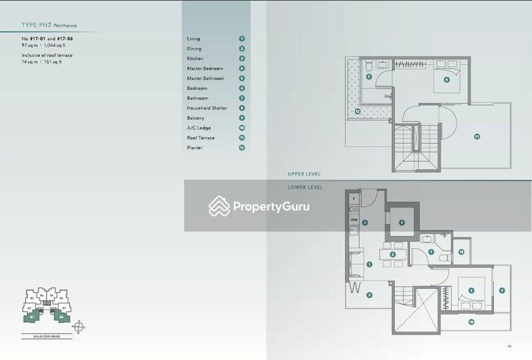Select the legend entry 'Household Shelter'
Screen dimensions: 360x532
click(207, 108)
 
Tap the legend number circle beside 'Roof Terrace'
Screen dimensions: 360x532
click(242, 138)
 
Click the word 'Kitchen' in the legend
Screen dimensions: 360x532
click(195, 59)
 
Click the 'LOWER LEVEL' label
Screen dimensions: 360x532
click(305, 188)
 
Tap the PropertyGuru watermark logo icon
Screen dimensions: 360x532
click(219, 206)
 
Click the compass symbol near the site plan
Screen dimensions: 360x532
click(80, 326)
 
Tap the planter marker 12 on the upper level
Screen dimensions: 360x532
click(357, 111)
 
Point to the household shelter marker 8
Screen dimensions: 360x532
click(401, 224)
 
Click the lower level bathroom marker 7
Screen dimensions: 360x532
click(431, 252)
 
